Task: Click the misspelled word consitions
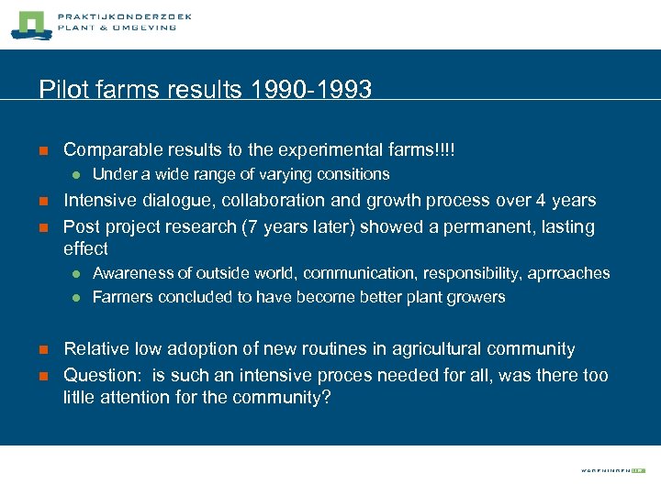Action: click(x=353, y=174)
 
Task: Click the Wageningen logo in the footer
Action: click(x=612, y=470)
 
